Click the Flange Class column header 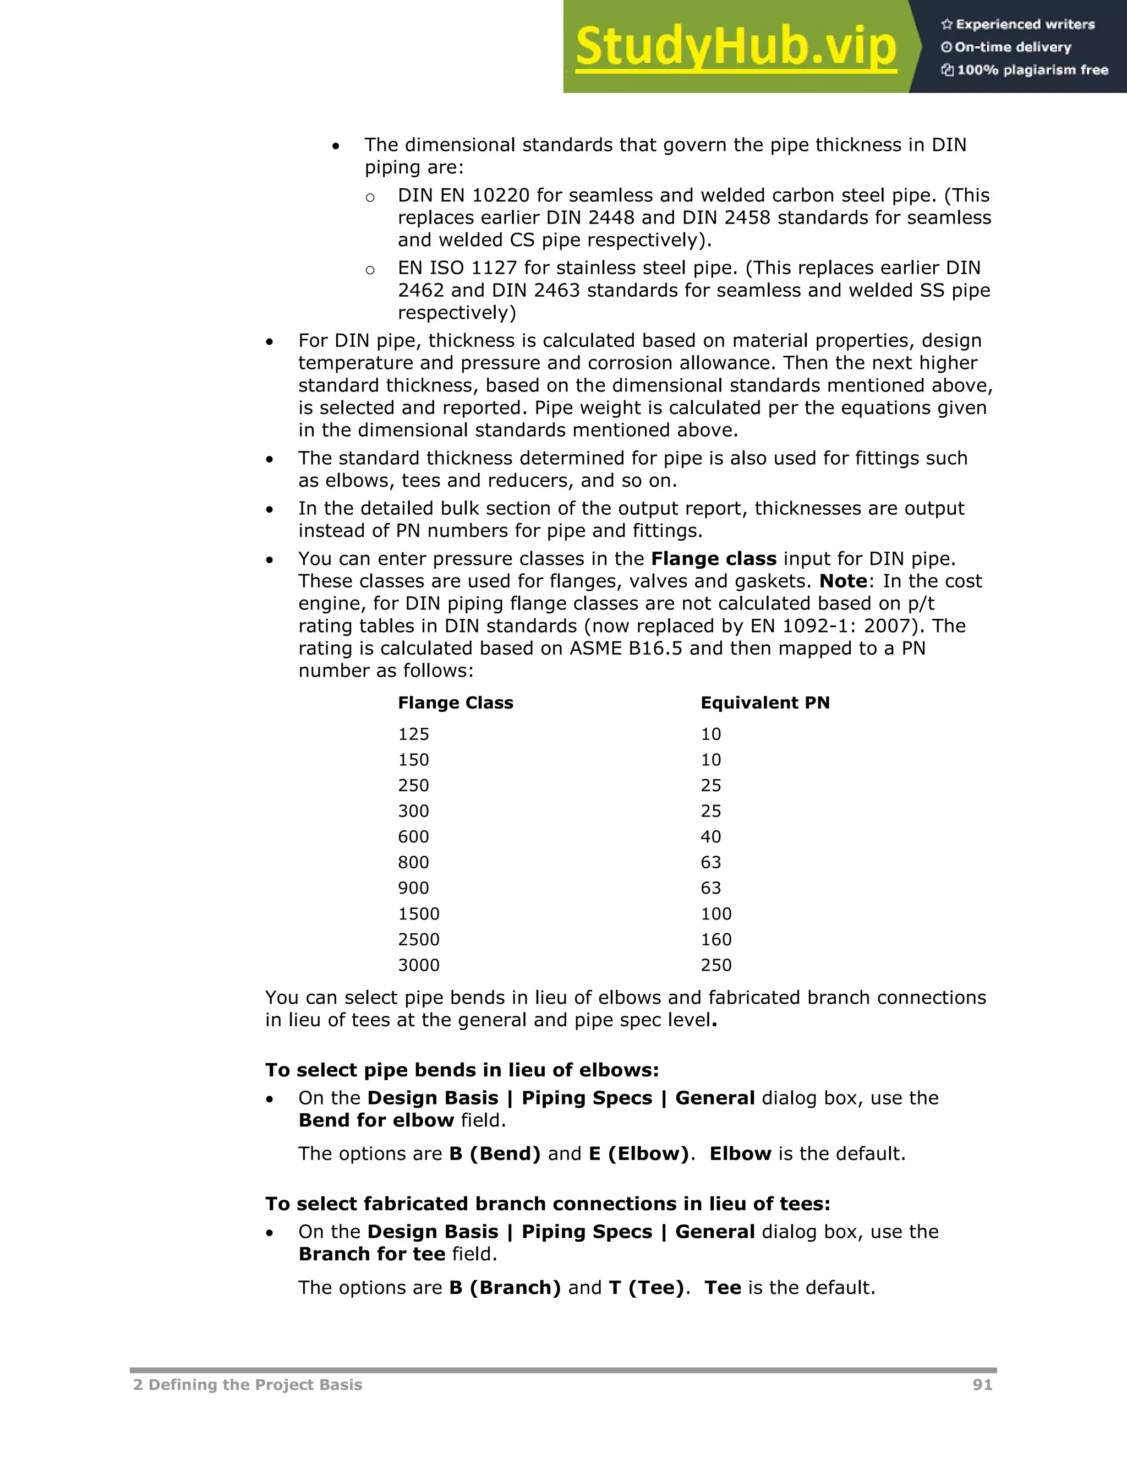tap(455, 703)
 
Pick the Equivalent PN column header tap(764, 703)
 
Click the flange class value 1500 tap(419, 914)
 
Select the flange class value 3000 tap(419, 965)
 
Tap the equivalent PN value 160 tap(716, 939)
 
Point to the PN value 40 tap(710, 836)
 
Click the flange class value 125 tap(413, 734)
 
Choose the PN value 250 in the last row tap(716, 965)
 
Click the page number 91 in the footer tap(982, 1385)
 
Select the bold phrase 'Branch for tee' tap(371, 1254)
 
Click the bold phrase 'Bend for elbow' tap(376, 1120)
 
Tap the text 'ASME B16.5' tap(626, 648)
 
